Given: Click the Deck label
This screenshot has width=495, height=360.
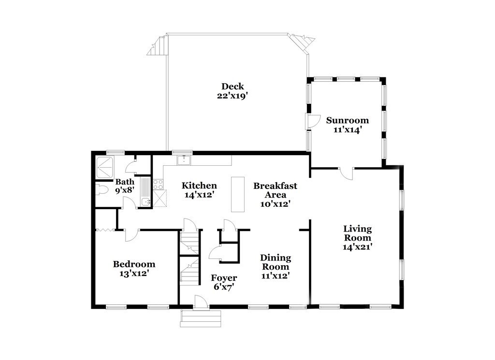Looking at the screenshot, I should [x=232, y=86].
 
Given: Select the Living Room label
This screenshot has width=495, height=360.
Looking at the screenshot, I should [x=357, y=233].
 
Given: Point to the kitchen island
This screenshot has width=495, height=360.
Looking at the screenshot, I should [x=237, y=194].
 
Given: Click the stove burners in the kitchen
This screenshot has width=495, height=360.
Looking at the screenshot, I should [x=158, y=184].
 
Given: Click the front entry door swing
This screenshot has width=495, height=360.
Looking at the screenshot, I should [x=201, y=302].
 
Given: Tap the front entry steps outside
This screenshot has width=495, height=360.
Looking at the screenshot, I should [x=200, y=319].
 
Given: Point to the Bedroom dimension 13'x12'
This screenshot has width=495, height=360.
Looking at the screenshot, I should [x=133, y=273].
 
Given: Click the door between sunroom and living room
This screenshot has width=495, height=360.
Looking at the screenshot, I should [x=346, y=173].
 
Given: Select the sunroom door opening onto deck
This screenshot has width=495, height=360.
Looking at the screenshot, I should [x=312, y=121].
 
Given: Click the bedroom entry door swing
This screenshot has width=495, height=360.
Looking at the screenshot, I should [x=131, y=235].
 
